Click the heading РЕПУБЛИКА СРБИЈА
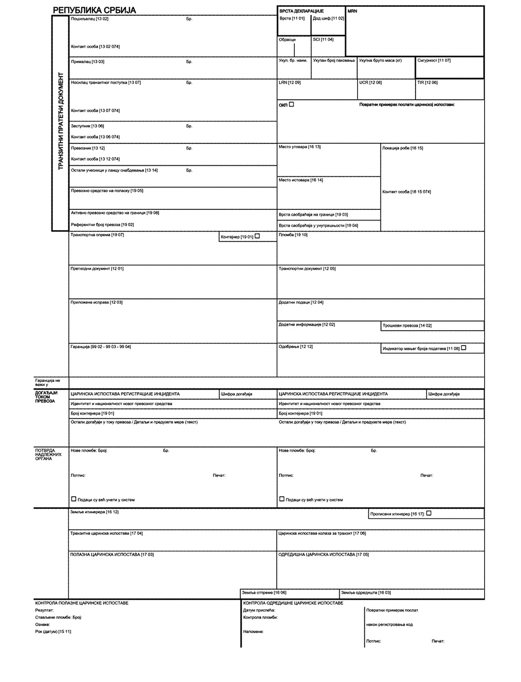pyautogui.click(x=94, y=10)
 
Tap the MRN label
pyautogui.click(x=352, y=11)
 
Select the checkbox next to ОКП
pyautogui.click(x=291, y=104)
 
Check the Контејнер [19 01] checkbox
pyautogui.click(x=257, y=236)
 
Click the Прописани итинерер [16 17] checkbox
pyautogui.click(x=429, y=513)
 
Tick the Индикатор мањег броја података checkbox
pyautogui.click(x=463, y=348)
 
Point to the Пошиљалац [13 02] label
pyautogui.click(x=90, y=19)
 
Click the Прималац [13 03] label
pyautogui.click(x=88, y=62)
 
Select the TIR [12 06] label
pyautogui.click(x=427, y=82)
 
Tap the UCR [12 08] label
pyautogui.click(x=370, y=82)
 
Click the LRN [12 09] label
pyautogui.click(x=290, y=82)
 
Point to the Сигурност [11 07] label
pyautogui.click(x=434, y=61)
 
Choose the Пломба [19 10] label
pyautogui.click(x=293, y=235)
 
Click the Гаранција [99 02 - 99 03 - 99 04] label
pyautogui.click(x=101, y=347)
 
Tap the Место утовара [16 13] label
pyautogui.click(x=300, y=147)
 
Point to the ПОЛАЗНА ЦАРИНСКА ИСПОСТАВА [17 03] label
pyautogui.click(x=112, y=555)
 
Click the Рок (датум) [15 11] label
pyautogui.click(x=54, y=632)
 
